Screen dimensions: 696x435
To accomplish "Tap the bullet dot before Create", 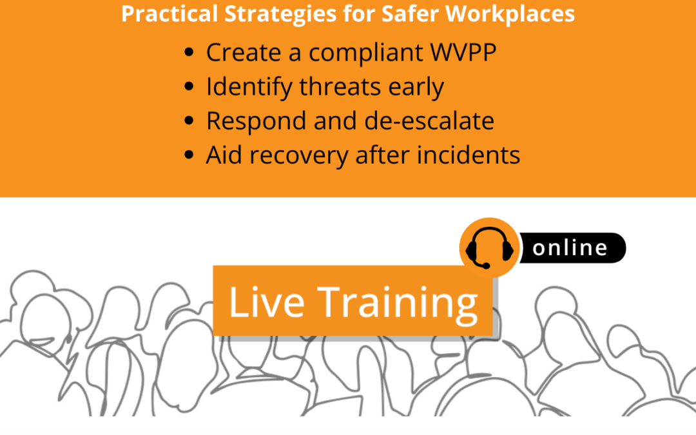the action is tap(189, 53).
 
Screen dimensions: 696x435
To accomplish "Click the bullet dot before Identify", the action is tap(189, 87).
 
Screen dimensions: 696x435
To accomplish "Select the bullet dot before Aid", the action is tap(189, 155).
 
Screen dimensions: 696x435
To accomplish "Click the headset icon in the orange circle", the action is tap(489, 247).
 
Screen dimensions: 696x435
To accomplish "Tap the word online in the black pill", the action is tap(570, 248).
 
